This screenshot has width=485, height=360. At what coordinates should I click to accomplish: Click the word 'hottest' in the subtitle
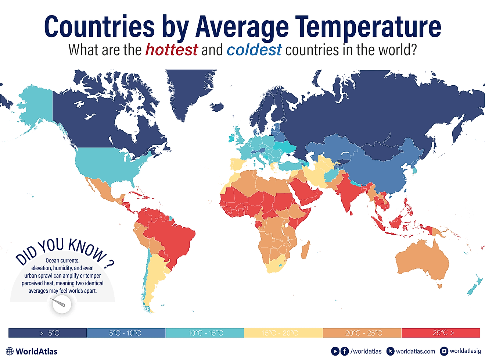171,50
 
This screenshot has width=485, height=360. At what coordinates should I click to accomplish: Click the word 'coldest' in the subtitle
254,50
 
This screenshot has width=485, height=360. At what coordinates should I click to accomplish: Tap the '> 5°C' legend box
48,333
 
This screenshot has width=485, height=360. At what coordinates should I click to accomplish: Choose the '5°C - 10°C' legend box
126,333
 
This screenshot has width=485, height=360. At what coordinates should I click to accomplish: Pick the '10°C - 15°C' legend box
205,333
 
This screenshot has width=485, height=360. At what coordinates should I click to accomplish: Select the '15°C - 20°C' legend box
283,333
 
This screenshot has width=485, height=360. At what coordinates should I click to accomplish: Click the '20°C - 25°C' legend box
362,333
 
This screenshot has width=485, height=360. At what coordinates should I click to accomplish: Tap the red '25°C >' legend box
441,333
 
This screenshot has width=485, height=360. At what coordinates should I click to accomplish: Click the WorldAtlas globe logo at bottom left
10,351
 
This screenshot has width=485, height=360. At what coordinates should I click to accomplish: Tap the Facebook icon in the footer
345,351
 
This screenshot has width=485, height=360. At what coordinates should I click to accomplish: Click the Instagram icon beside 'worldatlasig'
444,351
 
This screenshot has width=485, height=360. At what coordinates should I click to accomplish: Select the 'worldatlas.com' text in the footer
415,352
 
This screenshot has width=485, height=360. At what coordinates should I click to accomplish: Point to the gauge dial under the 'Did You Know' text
61,304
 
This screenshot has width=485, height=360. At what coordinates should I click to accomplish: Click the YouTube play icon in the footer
335,351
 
